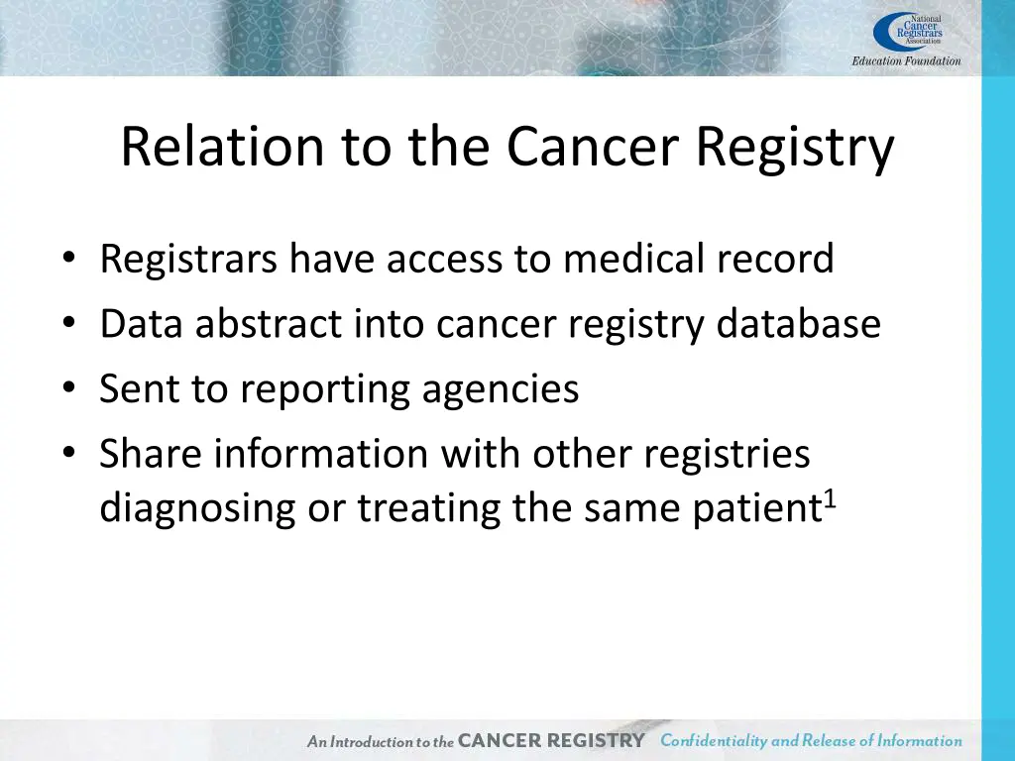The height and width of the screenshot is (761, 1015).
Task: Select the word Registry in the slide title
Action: coord(794,149)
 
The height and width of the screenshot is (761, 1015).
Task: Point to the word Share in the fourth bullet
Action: coord(150,454)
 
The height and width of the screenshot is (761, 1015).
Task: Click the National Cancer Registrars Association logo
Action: coord(908,30)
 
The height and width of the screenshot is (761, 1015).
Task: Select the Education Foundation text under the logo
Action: coord(906,60)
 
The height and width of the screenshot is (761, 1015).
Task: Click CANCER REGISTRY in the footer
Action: coord(551,740)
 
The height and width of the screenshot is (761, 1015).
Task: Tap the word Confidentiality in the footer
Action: coord(714,740)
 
